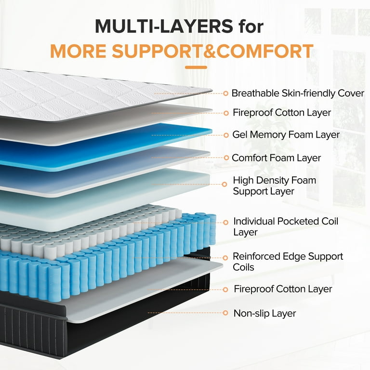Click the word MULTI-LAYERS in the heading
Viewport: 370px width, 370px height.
coord(164,26)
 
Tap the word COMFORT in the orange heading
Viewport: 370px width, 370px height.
coord(265,51)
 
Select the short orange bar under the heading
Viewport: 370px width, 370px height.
coord(196,67)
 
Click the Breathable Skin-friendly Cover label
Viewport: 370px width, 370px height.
coord(298,93)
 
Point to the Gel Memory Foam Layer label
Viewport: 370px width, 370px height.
coord(286,135)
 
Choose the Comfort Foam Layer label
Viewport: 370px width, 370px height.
coord(277,158)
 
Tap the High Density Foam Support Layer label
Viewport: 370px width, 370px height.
coord(275,185)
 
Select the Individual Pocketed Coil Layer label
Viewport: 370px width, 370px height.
coord(286,226)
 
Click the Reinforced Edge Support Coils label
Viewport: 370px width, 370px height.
coord(288,262)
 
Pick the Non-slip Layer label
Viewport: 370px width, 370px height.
coord(265,313)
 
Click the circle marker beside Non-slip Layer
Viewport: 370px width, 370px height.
coord(225,313)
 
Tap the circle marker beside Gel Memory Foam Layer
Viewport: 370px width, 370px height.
coord(226,135)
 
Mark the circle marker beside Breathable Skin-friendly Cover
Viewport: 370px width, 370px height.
coord(225,93)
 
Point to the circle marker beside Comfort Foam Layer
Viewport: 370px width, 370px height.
coord(226,158)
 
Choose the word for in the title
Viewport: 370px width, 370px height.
coord(251,26)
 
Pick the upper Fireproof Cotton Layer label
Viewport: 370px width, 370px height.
coord(282,113)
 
